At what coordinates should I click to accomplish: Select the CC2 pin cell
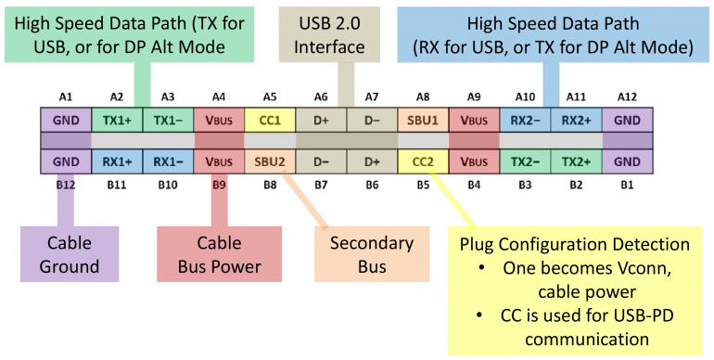[x=422, y=161]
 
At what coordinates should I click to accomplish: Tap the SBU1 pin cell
[x=422, y=120]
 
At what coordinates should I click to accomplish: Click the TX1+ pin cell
[x=117, y=120]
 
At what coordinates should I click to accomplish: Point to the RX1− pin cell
[x=168, y=161]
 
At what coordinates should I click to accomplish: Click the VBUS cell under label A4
[x=219, y=120]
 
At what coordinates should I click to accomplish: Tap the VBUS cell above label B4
[x=473, y=161]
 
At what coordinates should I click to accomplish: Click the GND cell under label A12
[x=627, y=120]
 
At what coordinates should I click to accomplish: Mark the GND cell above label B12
[x=66, y=161]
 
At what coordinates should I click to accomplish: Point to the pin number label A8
[x=422, y=96]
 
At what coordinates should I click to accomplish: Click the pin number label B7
[x=321, y=185]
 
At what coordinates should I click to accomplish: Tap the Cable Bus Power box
[x=219, y=255]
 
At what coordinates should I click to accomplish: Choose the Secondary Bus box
[x=371, y=255]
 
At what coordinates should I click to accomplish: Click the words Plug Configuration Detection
[x=575, y=245]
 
